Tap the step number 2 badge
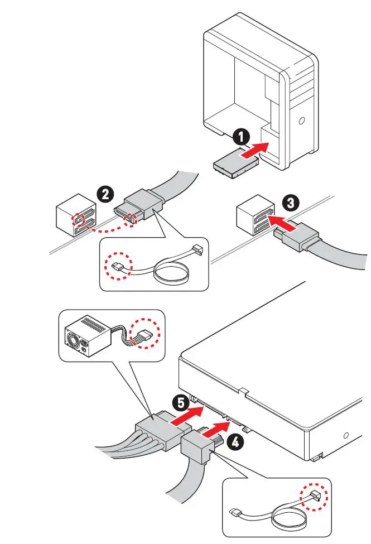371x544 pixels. point(105,194)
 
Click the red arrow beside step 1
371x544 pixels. point(253,150)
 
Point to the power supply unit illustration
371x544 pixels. point(88,337)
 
